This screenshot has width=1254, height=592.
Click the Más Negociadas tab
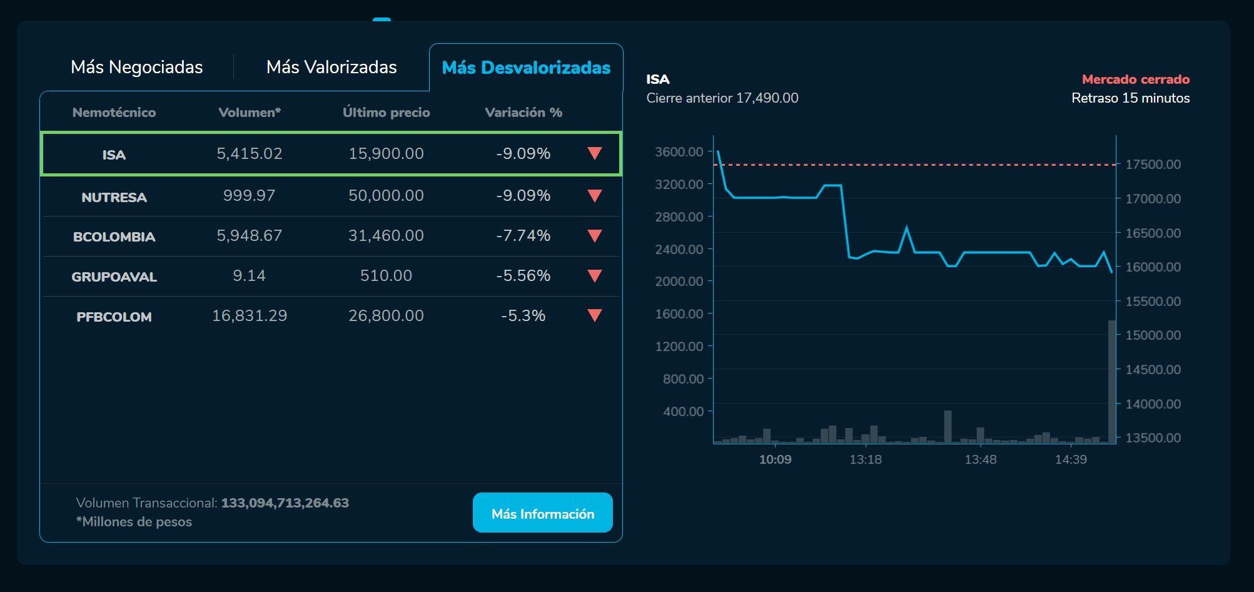point(136,67)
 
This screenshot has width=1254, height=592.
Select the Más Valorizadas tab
point(331,67)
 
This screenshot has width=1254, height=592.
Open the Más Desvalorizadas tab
point(526,68)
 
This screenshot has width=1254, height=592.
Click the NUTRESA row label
point(114,197)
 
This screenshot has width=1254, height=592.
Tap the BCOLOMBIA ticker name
point(114,237)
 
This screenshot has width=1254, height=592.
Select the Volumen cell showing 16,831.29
point(250,315)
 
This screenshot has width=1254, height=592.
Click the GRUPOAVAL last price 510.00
point(386,275)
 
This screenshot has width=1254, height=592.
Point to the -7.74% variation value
point(523,235)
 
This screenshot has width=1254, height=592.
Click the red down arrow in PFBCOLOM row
point(595,315)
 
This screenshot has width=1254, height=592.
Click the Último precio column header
point(386,113)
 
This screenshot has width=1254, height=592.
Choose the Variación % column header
point(523,113)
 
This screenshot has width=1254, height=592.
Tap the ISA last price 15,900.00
point(386,153)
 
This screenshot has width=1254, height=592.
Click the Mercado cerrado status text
point(1135,79)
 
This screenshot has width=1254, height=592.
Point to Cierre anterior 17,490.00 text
point(722,98)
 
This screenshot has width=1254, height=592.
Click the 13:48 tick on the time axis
point(980,459)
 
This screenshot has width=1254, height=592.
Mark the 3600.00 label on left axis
point(679,151)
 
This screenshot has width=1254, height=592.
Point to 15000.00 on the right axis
point(1153,335)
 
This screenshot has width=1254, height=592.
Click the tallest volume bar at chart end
point(1112,382)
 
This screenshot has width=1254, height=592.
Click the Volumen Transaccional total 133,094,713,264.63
point(285,503)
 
